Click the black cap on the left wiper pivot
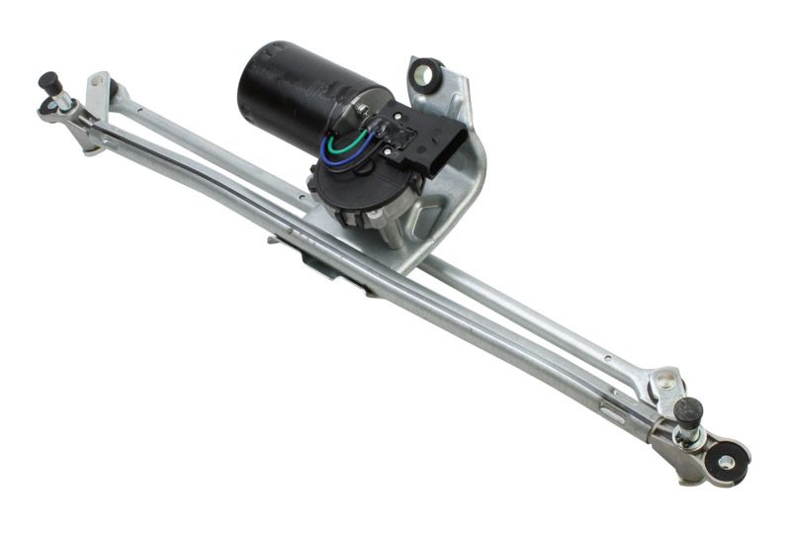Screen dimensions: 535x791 pyautogui.click(x=47, y=80)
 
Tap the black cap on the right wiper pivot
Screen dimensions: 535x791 pyautogui.click(x=690, y=407)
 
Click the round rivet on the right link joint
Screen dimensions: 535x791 pyautogui.click(x=667, y=379)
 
